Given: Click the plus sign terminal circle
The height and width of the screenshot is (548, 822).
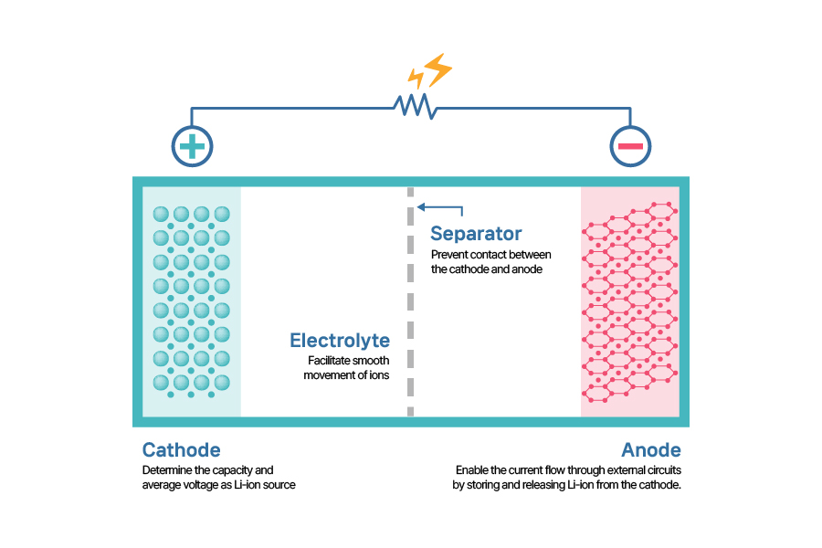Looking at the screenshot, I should pyautogui.click(x=192, y=146).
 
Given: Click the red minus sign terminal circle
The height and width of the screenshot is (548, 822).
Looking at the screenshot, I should pyautogui.click(x=630, y=146).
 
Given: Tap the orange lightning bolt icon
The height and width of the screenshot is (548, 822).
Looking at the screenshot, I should pyautogui.click(x=430, y=71).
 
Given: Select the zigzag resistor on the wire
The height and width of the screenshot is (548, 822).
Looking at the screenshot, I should pyautogui.click(x=415, y=106).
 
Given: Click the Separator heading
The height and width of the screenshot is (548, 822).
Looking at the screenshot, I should pyautogui.click(x=476, y=234).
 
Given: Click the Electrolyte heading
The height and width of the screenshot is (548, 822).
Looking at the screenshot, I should pyautogui.click(x=340, y=341).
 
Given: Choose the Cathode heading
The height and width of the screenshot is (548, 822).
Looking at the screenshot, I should pyautogui.click(x=181, y=450).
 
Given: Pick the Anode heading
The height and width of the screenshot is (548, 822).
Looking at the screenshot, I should pyautogui.click(x=651, y=450).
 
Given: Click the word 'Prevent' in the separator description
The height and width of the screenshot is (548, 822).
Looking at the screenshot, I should pyautogui.click(x=449, y=254).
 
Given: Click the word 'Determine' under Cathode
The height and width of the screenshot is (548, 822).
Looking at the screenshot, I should pyautogui.click(x=167, y=470).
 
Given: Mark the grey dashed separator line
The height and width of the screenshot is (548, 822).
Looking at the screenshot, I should pyautogui.click(x=410, y=301).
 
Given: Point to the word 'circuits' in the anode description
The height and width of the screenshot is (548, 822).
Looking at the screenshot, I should pyautogui.click(x=663, y=470).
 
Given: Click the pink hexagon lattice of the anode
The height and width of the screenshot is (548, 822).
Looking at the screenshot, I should pyautogui.click(x=630, y=301).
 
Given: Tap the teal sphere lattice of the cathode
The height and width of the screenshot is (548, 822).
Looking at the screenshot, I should pyautogui.click(x=191, y=301).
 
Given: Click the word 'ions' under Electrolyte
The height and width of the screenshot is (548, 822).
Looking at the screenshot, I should pyautogui.click(x=379, y=375).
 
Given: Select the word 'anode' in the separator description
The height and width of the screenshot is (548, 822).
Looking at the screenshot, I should pyautogui.click(x=527, y=269).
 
